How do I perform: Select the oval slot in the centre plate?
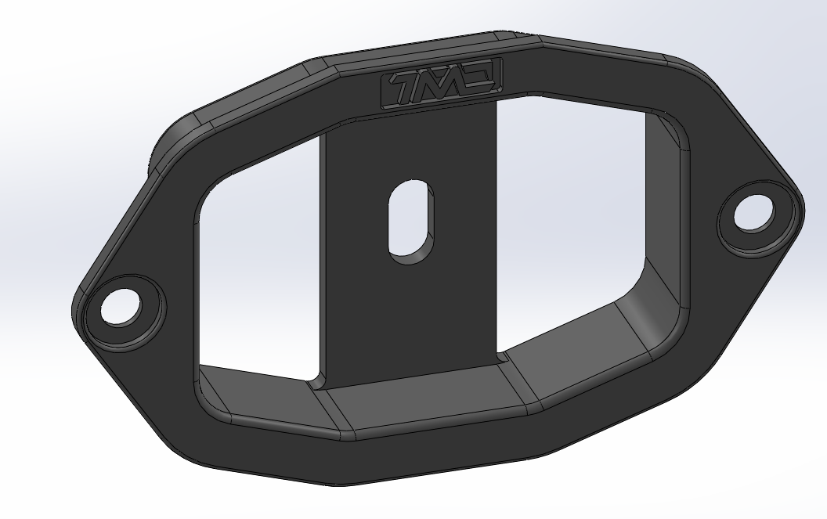coord(410,221)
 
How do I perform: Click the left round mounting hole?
coord(120,308)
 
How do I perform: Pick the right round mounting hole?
coord(753,213)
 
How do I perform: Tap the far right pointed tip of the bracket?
coord(802,205)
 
